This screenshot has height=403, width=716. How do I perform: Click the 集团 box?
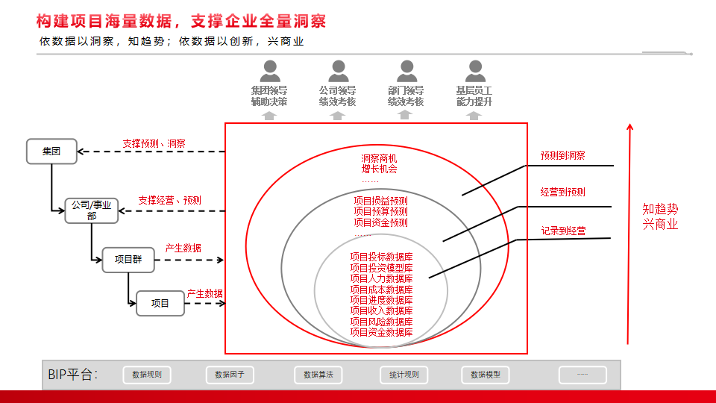(x=51, y=151)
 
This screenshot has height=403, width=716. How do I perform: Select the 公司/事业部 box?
(x=91, y=210)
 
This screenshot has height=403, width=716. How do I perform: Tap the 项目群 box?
(x=128, y=260)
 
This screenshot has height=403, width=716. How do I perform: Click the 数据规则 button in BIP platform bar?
(x=147, y=375)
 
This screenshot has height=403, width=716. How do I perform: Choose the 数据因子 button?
(x=230, y=375)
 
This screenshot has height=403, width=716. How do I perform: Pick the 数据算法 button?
(x=318, y=375)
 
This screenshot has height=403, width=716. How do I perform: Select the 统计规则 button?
(x=404, y=375)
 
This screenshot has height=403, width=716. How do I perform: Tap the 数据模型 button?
(x=486, y=375)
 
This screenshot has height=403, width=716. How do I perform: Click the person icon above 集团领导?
(x=270, y=71)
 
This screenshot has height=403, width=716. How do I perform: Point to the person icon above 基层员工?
(x=475, y=71)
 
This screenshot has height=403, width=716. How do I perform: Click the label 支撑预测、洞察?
(x=154, y=143)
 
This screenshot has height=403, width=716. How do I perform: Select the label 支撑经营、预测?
(x=169, y=200)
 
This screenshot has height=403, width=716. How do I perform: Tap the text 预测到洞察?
(x=562, y=155)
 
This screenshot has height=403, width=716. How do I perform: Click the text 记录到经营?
(x=564, y=231)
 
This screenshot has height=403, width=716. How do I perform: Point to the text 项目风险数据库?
(x=381, y=322)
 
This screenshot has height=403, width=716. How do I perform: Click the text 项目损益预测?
(x=381, y=201)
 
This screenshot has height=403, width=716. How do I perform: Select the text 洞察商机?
(x=379, y=158)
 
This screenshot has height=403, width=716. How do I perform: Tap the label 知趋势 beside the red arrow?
(x=660, y=209)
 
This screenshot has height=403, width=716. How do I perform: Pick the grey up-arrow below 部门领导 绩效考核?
(x=404, y=115)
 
